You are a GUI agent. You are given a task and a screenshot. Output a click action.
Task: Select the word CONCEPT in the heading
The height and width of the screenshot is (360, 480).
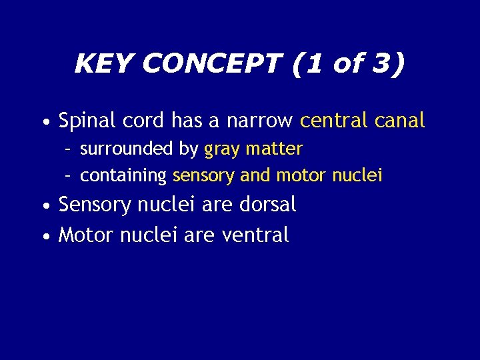tap(212, 65)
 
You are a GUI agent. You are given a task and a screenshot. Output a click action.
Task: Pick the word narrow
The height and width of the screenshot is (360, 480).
tap(259, 121)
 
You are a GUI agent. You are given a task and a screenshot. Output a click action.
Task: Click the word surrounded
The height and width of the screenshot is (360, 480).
tap(127, 149)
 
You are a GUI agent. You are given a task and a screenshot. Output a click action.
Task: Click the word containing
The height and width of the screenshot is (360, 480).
tap(123, 176)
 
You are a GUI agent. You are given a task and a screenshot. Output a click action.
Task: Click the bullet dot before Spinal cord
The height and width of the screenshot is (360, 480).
tap(45, 123)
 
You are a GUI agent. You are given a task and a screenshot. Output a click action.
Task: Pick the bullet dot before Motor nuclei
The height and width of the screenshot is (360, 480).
tap(45, 236)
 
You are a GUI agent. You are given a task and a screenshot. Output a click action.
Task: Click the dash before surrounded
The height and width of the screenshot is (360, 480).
tap(68, 149)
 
